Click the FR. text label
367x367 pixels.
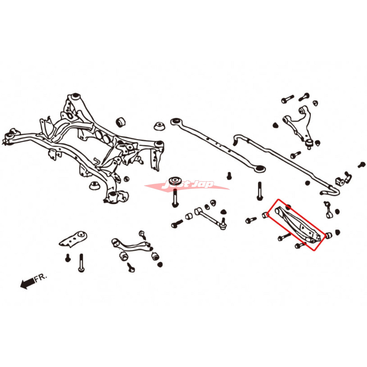[x=40, y=278]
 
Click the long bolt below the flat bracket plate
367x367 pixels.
[x=81, y=263]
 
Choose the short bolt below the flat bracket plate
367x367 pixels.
[x=68, y=259]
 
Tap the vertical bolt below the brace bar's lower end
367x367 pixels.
[x=260, y=191]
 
